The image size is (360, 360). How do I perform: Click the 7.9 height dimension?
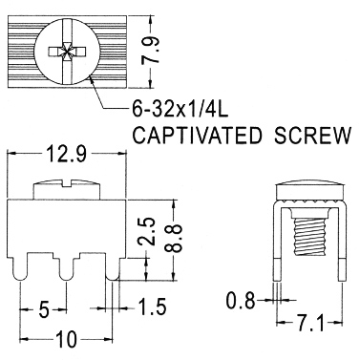pyautogui.click(x=151, y=52)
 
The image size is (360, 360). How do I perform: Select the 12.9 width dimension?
pyautogui.click(x=67, y=154)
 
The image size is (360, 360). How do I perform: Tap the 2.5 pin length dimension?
pyautogui.click(x=146, y=231)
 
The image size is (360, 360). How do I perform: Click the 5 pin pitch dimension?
pyautogui.click(x=44, y=309)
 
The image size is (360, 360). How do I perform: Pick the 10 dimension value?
pyautogui.click(x=67, y=339)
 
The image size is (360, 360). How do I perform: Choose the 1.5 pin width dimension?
pyautogui.click(x=152, y=307)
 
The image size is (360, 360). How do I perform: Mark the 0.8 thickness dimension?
pyautogui.click(x=241, y=301)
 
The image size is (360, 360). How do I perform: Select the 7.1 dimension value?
pyautogui.click(x=309, y=325)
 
